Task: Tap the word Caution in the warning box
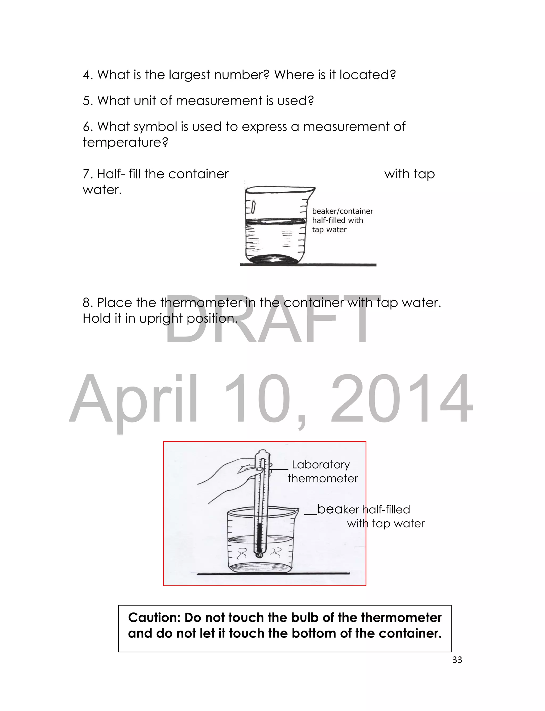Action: (x=154, y=617)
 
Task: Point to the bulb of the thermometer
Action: (x=259, y=555)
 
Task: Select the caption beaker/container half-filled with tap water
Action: (x=342, y=221)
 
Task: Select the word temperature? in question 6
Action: (x=125, y=142)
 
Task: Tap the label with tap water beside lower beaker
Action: (x=385, y=524)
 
